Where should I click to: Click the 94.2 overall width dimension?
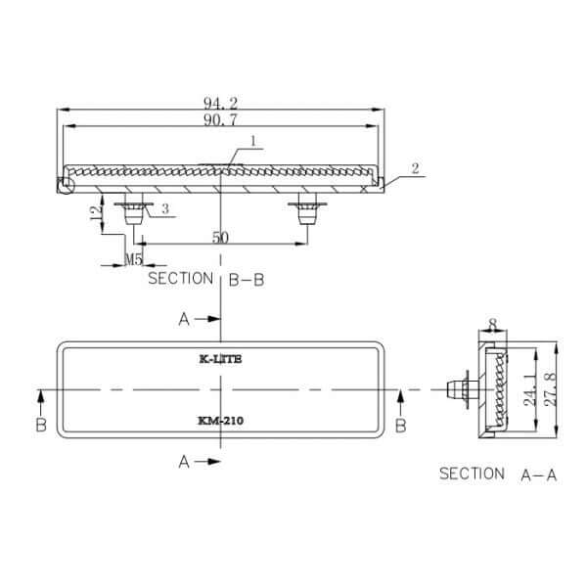point(220,103)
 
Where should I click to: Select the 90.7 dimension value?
point(220,119)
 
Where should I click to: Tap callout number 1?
point(253,141)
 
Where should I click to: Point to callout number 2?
point(415,168)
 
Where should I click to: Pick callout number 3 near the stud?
point(165,209)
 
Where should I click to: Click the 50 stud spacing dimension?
point(220,238)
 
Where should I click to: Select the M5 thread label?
point(134,258)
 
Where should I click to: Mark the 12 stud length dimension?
point(96,212)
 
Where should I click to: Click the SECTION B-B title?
point(206,279)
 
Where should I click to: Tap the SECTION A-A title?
point(498,474)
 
